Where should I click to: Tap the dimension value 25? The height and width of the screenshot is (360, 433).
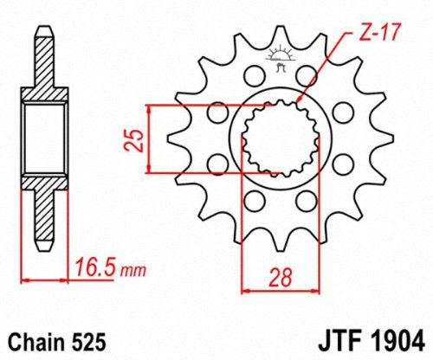(132, 138)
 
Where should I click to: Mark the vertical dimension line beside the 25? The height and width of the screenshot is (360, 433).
(152, 138)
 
